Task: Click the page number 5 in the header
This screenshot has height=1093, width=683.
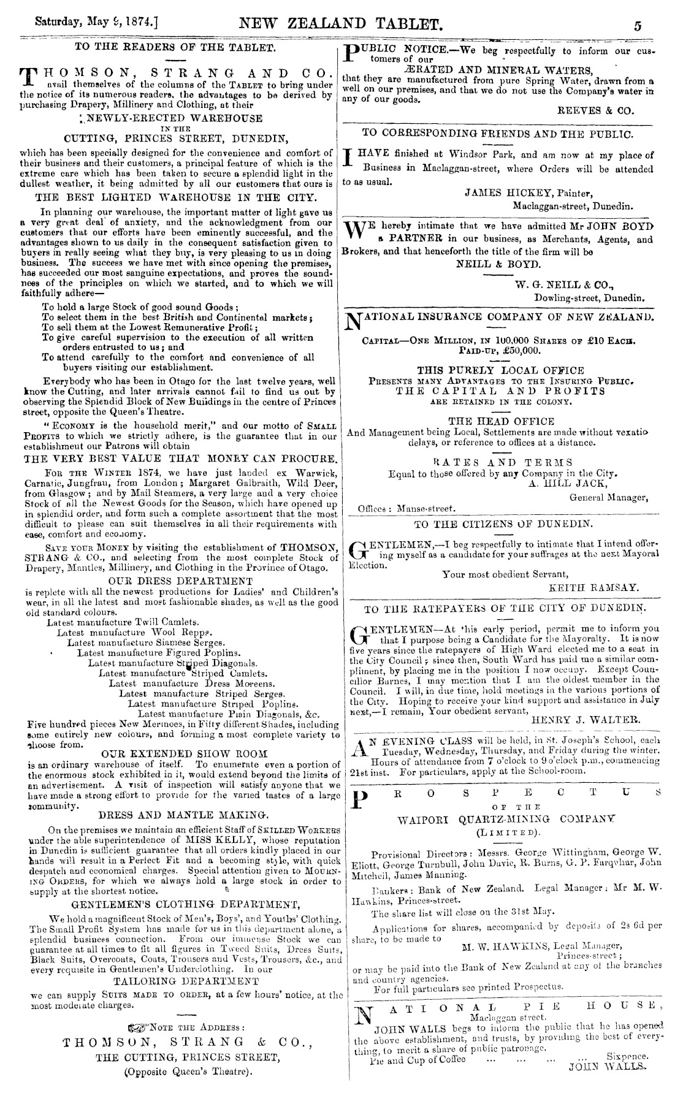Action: tap(638, 26)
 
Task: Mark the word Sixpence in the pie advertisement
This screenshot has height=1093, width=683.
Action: tap(627, 1057)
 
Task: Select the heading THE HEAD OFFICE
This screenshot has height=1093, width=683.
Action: tap(502, 421)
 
